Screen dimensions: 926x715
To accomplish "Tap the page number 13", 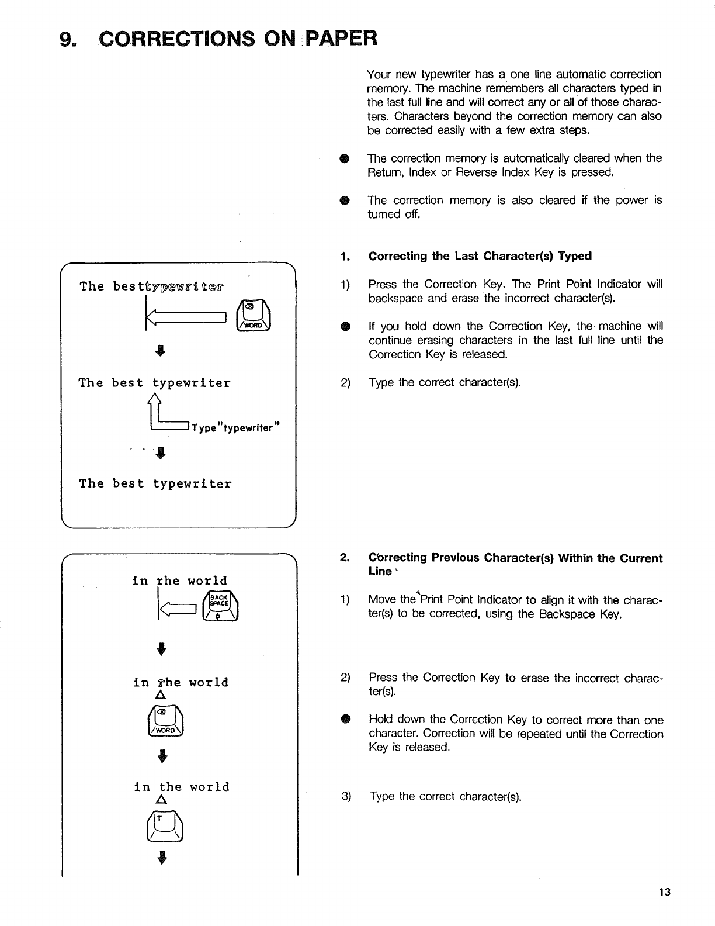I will tap(664, 892).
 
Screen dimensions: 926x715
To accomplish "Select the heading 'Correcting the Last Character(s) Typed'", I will tap(480, 256).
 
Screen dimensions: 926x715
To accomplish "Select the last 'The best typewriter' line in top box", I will tap(155, 483).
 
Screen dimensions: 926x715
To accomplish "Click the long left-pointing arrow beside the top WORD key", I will tap(186, 317).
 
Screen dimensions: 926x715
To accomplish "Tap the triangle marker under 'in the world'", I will tap(162, 799).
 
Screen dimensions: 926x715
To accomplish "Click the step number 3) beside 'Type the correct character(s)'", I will tap(346, 796).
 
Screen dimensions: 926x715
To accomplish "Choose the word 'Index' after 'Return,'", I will tap(422, 172).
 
